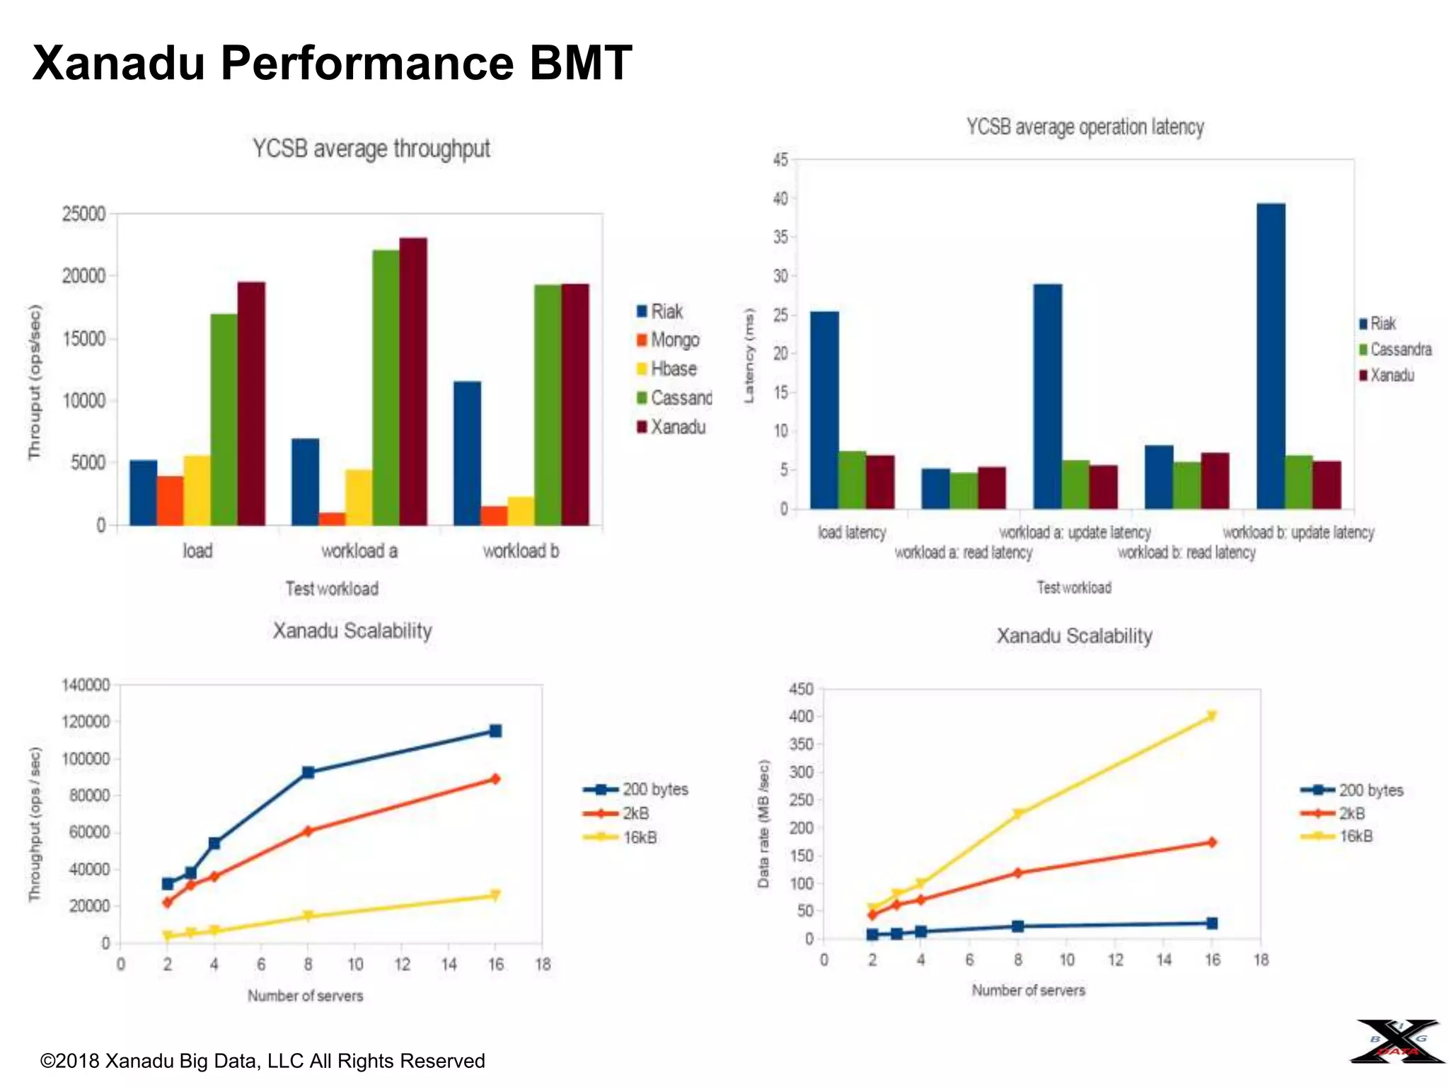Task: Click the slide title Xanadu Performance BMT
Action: [332, 63]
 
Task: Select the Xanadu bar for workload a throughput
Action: [413, 382]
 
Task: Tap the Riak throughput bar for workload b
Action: [467, 453]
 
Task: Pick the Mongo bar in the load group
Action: [171, 500]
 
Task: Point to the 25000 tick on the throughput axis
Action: [83, 214]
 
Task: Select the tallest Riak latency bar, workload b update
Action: [1271, 356]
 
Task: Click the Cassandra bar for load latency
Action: [852, 480]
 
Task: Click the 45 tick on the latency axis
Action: [780, 160]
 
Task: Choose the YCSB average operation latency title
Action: [1085, 127]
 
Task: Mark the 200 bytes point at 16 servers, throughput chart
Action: [495, 731]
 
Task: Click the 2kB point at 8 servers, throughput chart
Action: [308, 831]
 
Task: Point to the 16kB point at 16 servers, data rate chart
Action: [1212, 716]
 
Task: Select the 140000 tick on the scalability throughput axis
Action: [86, 685]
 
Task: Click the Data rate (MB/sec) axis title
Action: [763, 824]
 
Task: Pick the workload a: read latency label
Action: [963, 552]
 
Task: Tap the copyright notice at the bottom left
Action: [262, 1061]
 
